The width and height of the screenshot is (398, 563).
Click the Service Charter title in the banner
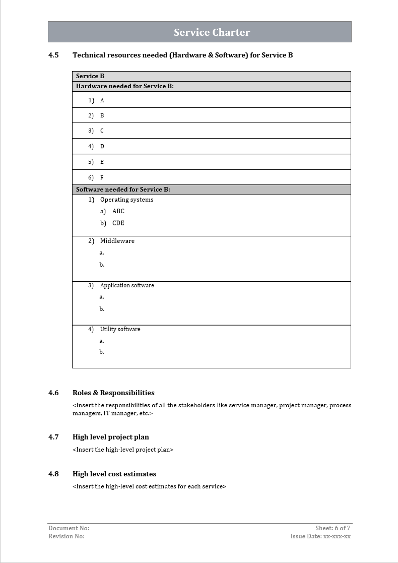[212, 32]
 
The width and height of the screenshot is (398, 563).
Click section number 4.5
[53, 55]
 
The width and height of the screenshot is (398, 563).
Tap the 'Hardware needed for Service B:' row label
[124, 86]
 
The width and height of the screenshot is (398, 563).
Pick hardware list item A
[102, 100]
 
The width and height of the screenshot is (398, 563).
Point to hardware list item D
[102, 146]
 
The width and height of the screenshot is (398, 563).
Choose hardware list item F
[102, 177]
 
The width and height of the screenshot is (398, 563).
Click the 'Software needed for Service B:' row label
[123, 190]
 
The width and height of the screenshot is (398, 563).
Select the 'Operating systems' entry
[126, 200]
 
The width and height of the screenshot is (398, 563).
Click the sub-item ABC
[118, 211]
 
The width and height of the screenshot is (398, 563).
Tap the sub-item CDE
[118, 223]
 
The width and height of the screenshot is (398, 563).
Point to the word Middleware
[117, 241]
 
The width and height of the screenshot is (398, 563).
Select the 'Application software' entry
[127, 285]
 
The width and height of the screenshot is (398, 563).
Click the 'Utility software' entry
[120, 329]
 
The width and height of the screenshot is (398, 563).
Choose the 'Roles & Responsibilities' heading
[113, 393]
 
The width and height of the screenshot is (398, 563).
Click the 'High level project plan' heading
[111, 437]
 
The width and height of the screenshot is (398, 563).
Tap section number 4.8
[53, 474]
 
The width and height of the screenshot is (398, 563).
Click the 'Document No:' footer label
[69, 528]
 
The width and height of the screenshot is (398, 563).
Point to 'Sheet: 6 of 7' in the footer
[333, 528]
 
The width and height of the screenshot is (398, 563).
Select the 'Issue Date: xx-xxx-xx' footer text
[320, 536]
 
